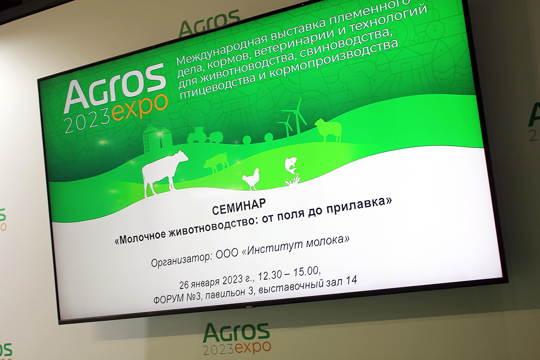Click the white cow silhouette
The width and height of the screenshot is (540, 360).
(x=162, y=172)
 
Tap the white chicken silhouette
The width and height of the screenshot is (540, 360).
(x=251, y=179)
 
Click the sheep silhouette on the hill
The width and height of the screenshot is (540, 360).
(x=328, y=130)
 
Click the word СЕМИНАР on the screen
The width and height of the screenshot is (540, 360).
(x=239, y=207)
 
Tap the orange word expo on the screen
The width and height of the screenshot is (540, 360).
(x=140, y=108)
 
